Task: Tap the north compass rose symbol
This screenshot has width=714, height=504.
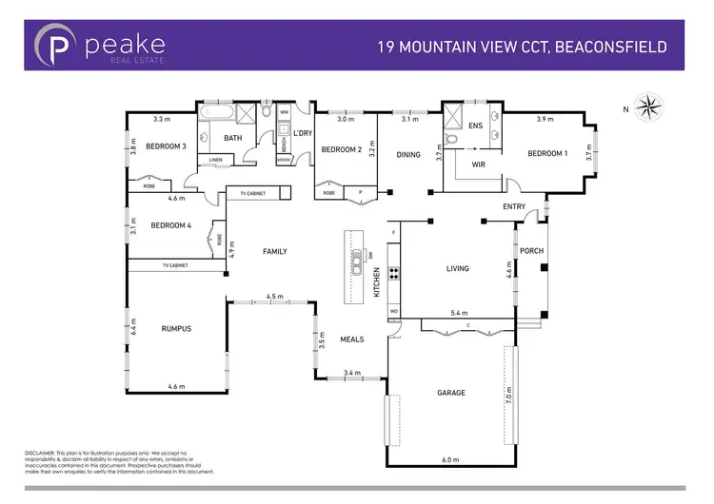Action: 650,107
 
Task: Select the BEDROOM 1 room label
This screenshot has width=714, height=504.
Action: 547,153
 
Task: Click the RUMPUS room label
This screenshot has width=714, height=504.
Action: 177,328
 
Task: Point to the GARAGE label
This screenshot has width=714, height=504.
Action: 451,392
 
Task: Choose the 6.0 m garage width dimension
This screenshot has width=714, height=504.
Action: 450,460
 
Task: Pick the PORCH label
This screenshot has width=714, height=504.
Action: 531,250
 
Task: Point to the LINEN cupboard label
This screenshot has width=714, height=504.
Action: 215,160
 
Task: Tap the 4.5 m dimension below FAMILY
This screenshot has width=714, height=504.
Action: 274,297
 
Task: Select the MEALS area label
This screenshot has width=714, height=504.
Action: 353,339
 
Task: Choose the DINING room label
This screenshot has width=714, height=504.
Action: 409,154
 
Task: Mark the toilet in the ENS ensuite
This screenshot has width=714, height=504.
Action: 452,140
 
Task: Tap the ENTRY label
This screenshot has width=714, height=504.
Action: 514,206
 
